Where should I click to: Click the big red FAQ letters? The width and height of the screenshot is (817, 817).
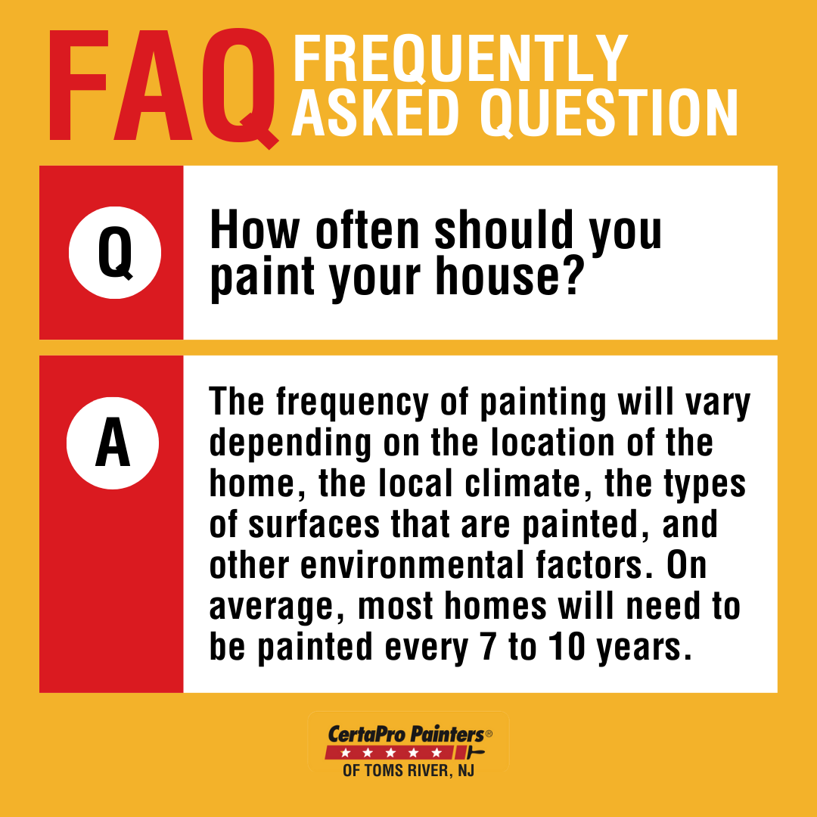point(163,87)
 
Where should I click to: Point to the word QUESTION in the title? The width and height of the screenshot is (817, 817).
point(608,113)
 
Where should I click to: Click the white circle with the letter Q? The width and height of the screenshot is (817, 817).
point(114,253)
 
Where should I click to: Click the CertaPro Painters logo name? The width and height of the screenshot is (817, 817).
point(405,734)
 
